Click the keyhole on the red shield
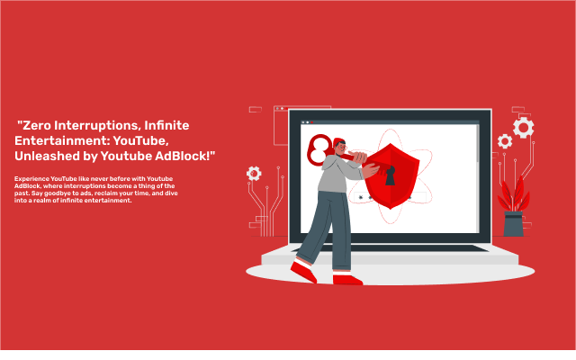point(390,176)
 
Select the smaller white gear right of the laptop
point(505,141)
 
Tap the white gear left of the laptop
point(254,173)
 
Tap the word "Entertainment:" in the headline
point(54,140)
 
